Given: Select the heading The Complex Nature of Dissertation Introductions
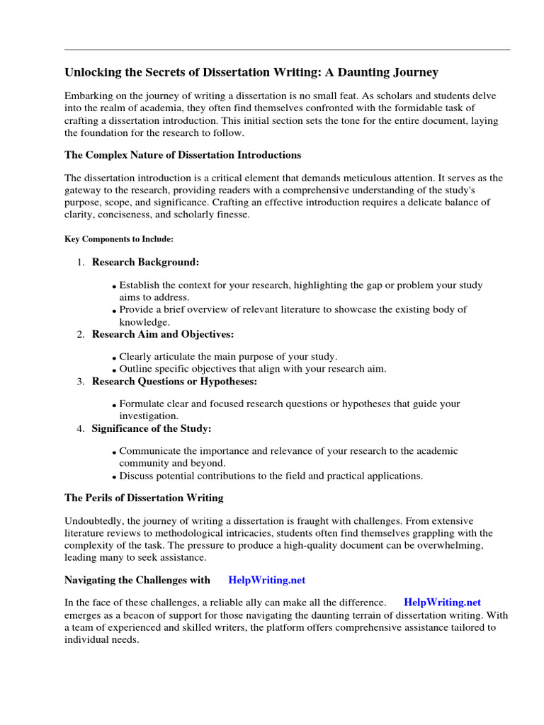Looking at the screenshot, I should (183, 155).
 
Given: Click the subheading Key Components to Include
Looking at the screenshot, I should (119, 239).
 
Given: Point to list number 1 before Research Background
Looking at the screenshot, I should (81, 263).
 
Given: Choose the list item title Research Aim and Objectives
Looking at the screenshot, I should (163, 334).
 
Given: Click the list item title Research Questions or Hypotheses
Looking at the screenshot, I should (175, 382).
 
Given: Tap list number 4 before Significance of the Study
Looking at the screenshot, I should (81, 429).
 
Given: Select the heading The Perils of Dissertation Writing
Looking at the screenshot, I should (144, 498).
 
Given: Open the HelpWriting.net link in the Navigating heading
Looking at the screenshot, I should (266, 580).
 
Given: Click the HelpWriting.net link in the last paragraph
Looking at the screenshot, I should (442, 603).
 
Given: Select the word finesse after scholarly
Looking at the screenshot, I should (229, 215).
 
